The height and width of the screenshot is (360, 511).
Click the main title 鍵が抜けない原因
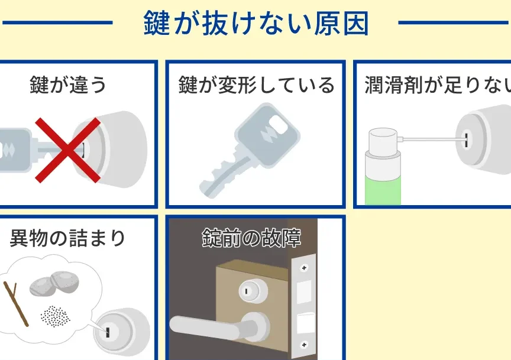click(x=256, y=23)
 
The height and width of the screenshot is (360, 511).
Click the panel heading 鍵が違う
click(x=68, y=85)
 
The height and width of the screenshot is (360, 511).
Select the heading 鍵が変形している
click(x=257, y=85)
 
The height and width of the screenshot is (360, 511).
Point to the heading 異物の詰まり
click(x=67, y=238)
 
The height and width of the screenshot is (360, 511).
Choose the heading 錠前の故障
click(x=251, y=238)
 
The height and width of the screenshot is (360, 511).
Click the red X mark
click(x=68, y=150)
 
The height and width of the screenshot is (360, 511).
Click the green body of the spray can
click(x=383, y=192)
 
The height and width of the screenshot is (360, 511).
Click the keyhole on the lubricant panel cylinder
click(x=467, y=140)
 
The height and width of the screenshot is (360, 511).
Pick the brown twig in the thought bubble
click(x=16, y=304)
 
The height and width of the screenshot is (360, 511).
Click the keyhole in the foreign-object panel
click(x=107, y=332)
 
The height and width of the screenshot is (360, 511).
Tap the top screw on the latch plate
click(x=304, y=268)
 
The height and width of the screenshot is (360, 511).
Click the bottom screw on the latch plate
click(x=304, y=345)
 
